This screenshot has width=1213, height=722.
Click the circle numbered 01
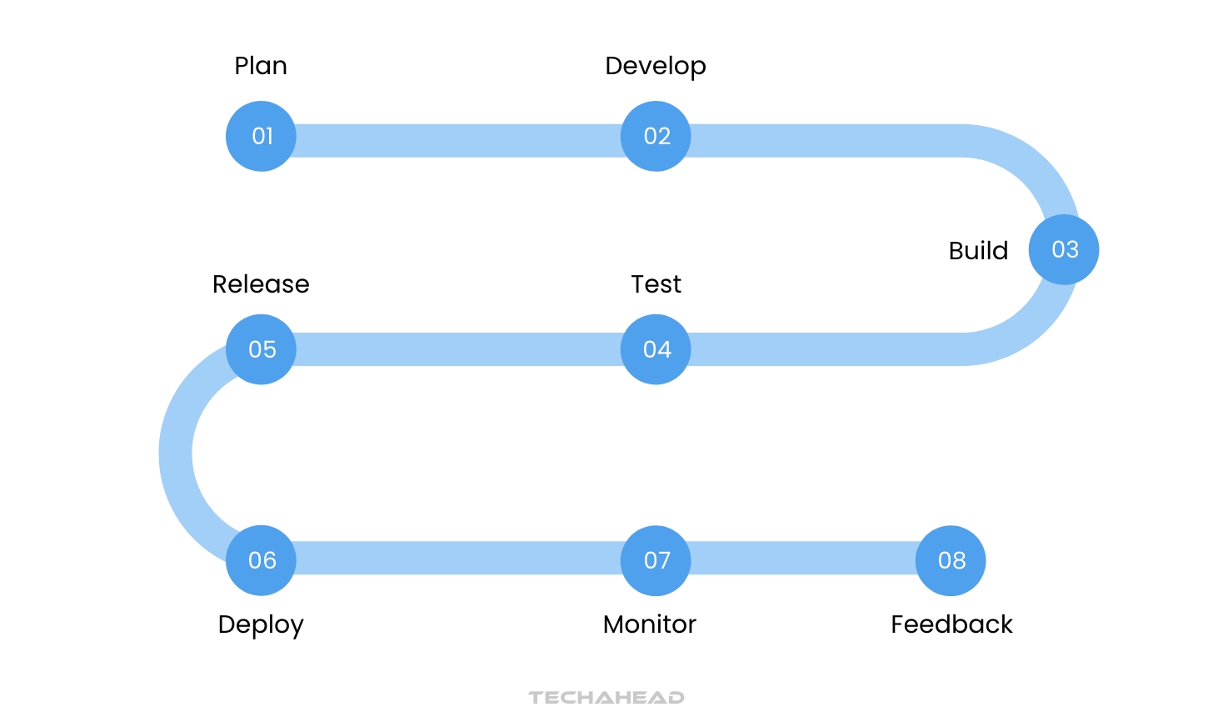(x=261, y=136)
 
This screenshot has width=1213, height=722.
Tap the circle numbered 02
(x=656, y=136)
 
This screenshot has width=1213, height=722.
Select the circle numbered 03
(x=1064, y=249)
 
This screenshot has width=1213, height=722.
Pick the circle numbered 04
(x=656, y=349)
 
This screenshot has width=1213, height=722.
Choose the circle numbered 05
(x=261, y=349)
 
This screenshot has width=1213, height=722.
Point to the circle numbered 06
(x=261, y=560)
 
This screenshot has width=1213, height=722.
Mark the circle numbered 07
(x=656, y=560)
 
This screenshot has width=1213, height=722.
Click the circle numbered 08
(x=951, y=560)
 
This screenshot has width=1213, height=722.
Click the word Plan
(x=261, y=66)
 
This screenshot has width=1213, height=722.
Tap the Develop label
(x=656, y=67)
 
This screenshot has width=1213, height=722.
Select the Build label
(x=978, y=251)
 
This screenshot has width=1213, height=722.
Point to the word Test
(x=656, y=284)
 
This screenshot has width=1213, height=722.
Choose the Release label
(x=261, y=284)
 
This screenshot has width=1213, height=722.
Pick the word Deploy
(x=261, y=625)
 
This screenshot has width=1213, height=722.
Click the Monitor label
(x=649, y=624)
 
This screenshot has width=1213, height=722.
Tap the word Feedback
(x=951, y=624)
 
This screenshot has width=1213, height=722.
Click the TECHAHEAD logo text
(x=606, y=697)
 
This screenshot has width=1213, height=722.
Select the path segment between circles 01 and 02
(x=458, y=140)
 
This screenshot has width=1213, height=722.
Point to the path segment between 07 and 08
(x=803, y=558)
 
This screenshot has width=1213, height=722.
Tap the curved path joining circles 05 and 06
(x=176, y=454)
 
